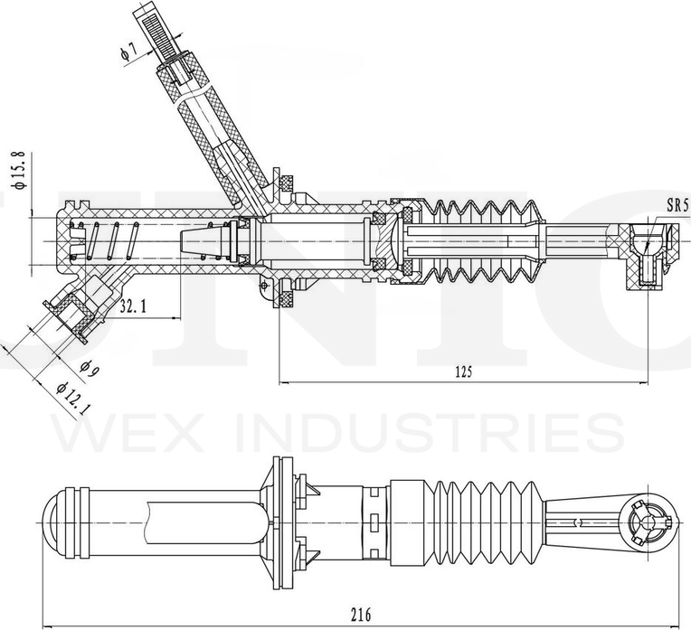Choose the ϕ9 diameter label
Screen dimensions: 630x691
(x=88, y=368)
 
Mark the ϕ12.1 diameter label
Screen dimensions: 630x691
(x=70, y=397)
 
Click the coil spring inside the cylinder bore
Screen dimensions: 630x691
(x=109, y=241)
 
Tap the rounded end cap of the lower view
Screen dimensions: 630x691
(x=57, y=522)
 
